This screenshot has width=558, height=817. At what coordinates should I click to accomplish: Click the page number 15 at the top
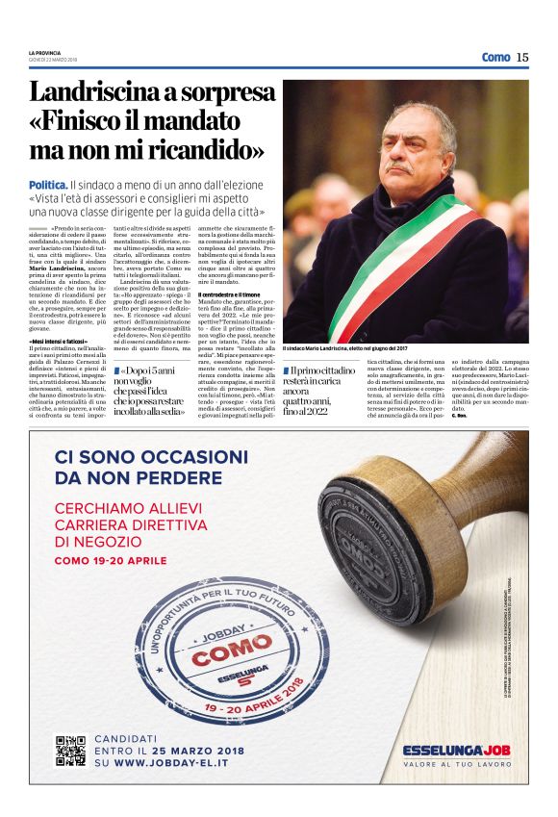point(522,57)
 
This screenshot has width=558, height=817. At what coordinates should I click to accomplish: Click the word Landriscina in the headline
point(100,93)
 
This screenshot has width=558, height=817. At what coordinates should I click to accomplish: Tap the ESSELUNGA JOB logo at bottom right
point(456,750)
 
